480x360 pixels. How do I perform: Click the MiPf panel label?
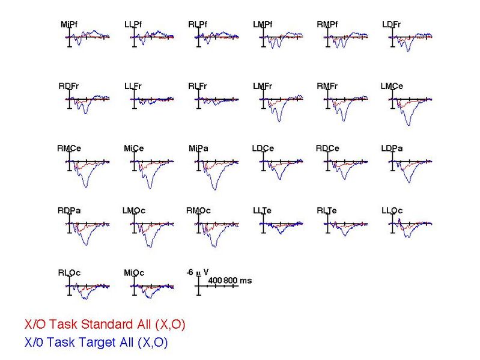click(x=69, y=25)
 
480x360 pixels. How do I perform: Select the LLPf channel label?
click(x=133, y=25)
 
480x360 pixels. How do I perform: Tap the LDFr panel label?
click(x=391, y=25)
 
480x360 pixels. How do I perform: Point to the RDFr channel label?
click(x=69, y=87)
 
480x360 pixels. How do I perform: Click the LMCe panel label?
click(x=392, y=87)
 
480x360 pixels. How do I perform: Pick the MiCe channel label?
click(x=133, y=148)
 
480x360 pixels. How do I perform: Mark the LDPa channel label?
click(x=392, y=148)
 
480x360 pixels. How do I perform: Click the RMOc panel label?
click(x=198, y=210)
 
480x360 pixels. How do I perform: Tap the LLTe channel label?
click(x=262, y=210)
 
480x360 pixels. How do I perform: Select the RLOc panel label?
click(x=69, y=273)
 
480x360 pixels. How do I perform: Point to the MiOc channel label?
click(x=134, y=273)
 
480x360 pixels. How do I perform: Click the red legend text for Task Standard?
click(x=105, y=325)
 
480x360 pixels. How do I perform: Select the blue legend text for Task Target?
click(x=96, y=343)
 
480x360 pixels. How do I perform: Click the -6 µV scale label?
click(x=198, y=272)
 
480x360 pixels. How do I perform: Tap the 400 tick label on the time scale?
click(x=216, y=281)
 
